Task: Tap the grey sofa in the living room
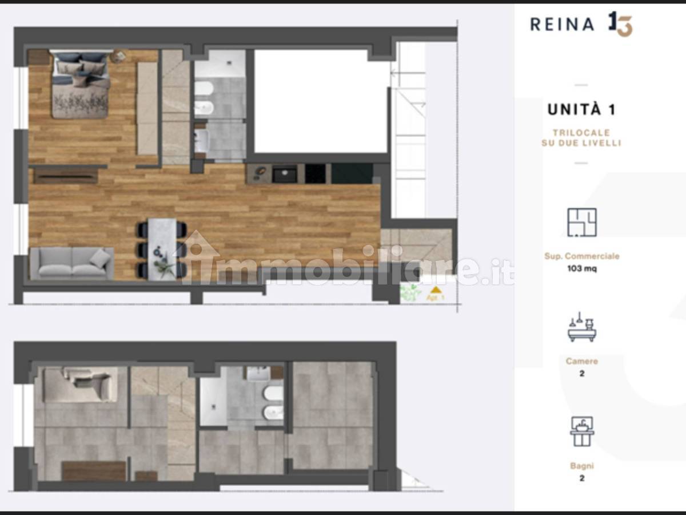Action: tap(72, 263)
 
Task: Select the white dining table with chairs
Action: tap(162, 249)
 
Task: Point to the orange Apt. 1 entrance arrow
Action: tap(436, 290)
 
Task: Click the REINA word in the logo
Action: tap(563, 25)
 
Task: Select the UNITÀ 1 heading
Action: tap(581, 110)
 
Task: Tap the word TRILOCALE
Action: tap(581, 133)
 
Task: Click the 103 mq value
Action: tap(582, 268)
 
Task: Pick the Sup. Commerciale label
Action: tap(581, 256)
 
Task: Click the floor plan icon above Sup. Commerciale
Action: tap(581, 223)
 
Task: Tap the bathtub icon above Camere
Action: tap(581, 327)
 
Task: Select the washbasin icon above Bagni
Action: tap(581, 431)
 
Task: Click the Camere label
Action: tap(581, 361)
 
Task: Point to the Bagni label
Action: tap(581, 466)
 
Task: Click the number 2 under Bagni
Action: tap(581, 478)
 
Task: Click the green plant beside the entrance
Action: tap(410, 292)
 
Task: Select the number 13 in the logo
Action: tap(620, 24)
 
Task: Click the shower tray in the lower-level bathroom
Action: tap(213, 402)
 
